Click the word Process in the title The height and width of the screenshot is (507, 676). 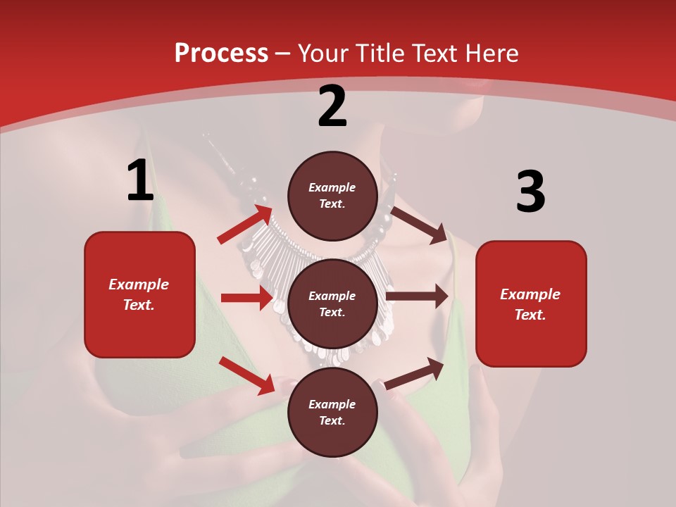pos(221,54)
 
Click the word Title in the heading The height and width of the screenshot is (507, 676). pos(380,54)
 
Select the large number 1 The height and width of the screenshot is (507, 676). pos(140,181)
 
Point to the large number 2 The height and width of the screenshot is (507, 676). pos(332,106)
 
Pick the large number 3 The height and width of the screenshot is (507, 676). pos(531,192)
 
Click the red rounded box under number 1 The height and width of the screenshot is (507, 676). pos(139,294)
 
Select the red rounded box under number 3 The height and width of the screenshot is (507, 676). pos(531,303)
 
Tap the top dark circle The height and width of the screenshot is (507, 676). pos(332,196)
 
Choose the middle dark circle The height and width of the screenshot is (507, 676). pos(332,303)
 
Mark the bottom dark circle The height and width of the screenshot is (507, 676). pos(332,412)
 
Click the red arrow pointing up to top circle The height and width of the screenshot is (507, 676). pos(245,225)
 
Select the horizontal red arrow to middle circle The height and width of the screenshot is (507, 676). pos(246,298)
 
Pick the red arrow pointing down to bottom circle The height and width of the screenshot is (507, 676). pos(247,375)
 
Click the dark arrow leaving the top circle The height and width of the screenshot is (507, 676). pos(419,225)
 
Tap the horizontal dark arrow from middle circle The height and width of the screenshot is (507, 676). pos(417,296)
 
